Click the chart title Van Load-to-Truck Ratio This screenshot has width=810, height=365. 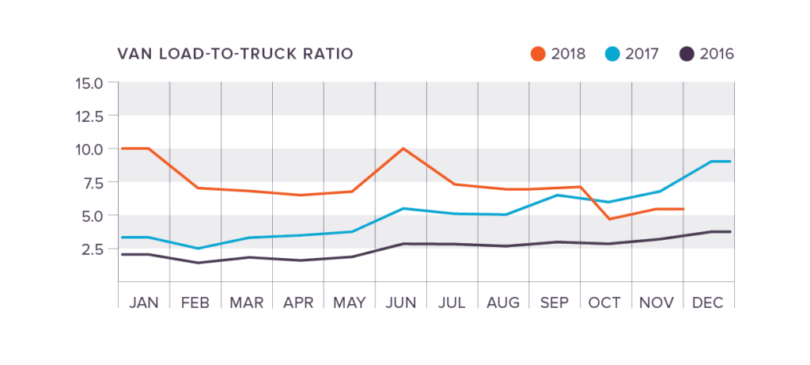pos(235,54)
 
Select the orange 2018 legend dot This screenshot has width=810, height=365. pos(537,54)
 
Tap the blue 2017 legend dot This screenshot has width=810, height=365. pos(612,54)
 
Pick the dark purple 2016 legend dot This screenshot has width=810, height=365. pos(687,54)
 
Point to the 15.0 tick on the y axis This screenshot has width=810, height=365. pos(89,82)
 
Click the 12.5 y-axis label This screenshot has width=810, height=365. pos(89,116)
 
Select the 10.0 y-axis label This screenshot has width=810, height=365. pos(89,149)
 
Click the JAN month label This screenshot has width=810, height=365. pos(143,302)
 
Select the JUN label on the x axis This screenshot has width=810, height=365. pos(401,302)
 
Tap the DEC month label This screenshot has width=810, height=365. pos(708,302)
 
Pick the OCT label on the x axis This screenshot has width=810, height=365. pos(606,302)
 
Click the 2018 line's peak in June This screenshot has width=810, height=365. pos(403,148)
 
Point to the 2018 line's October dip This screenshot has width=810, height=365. pos(607,219)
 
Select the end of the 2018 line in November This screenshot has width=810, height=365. pos(683,209)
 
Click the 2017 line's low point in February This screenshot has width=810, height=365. pos(196,249)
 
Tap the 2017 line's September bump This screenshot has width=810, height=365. pos(557,195)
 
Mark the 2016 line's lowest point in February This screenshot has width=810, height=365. pos(196,263)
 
